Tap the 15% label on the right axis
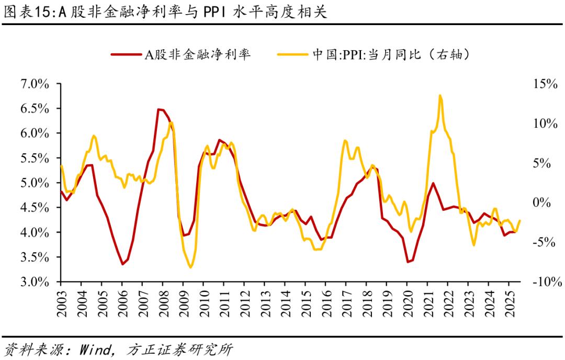[x=544, y=84]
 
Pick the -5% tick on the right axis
[x=544, y=242]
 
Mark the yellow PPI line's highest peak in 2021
[x=440, y=95]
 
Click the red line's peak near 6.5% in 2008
[x=159, y=109]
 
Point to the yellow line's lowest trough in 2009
[x=190, y=267]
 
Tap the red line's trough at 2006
[x=122, y=264]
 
